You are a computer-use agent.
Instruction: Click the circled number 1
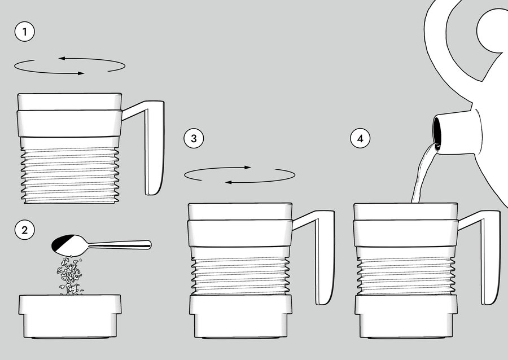[x=25, y=32]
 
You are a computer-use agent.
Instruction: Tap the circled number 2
[x=25, y=230]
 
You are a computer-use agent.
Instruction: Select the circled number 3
[x=194, y=139]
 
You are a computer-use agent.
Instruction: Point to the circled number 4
[x=360, y=139]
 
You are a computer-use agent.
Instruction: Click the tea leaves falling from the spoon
[x=70, y=275]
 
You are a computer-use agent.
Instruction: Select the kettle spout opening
[x=437, y=132]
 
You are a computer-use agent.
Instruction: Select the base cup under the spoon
[x=70, y=317]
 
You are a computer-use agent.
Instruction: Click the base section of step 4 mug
[x=406, y=317]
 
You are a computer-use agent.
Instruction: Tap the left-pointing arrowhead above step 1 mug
[x=62, y=58]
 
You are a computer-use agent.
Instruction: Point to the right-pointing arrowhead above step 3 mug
[x=248, y=168]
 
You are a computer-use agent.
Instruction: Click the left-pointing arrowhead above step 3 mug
[x=229, y=183]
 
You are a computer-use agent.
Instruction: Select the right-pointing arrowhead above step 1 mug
[x=80, y=73]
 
